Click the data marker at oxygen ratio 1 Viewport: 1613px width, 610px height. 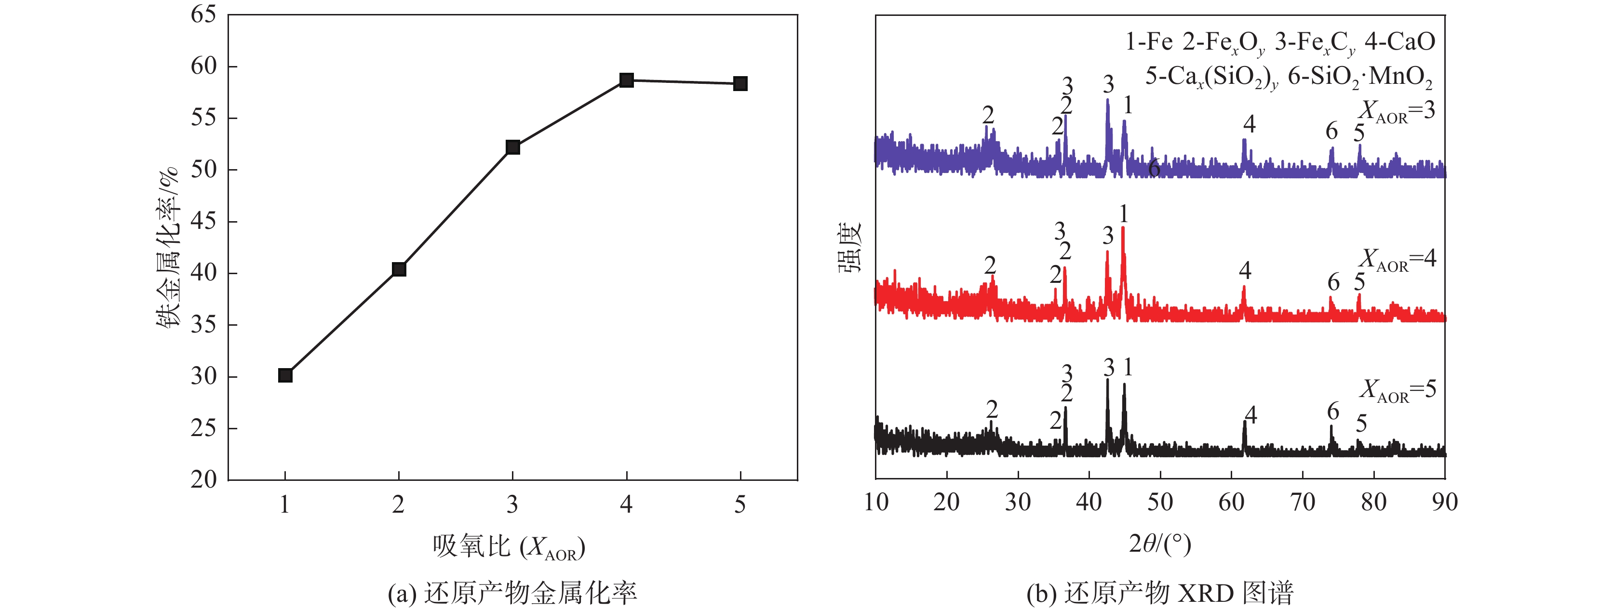(x=285, y=375)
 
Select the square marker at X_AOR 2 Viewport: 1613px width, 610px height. (x=399, y=269)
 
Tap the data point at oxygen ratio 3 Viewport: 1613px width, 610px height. (x=513, y=147)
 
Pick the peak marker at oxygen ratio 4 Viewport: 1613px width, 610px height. (x=627, y=80)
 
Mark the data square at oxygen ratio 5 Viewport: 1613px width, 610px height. (x=740, y=84)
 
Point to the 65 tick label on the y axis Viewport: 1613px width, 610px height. (x=203, y=14)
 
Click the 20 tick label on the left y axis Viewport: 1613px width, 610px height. (x=203, y=480)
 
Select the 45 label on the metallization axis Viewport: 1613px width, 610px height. (x=203, y=222)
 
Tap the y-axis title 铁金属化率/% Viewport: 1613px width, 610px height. (x=168, y=247)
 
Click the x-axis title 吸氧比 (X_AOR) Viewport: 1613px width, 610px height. (x=509, y=547)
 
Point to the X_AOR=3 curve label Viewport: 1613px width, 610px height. (x=1397, y=111)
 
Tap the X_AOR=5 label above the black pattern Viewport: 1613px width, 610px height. (x=1397, y=390)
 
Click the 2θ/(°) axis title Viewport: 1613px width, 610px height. (x=1160, y=543)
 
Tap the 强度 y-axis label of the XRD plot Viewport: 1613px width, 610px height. (x=850, y=247)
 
